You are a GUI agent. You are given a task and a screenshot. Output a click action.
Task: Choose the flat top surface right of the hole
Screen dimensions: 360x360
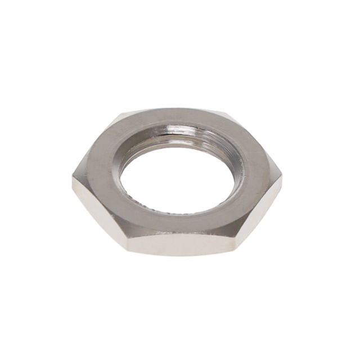[253, 174]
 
